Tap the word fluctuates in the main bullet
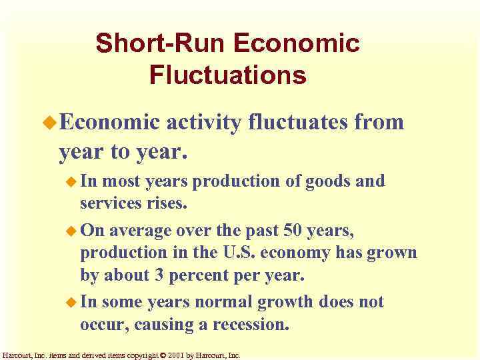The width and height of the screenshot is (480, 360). (307, 122)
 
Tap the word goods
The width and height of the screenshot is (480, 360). (323, 181)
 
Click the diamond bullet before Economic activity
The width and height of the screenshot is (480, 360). (51, 123)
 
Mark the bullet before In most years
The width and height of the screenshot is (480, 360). (72, 181)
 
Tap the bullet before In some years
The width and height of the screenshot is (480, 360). (72, 303)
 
